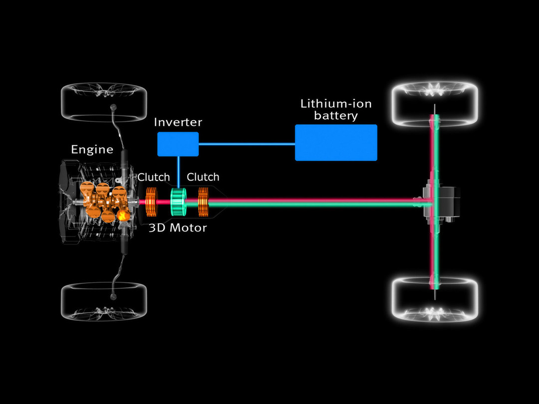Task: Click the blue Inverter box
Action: [x=178, y=144]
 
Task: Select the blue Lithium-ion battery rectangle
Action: [x=336, y=143]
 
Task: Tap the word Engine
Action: [x=92, y=150]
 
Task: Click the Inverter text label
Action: [x=177, y=122]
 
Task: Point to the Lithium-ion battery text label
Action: [x=336, y=110]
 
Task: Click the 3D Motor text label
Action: [x=177, y=228]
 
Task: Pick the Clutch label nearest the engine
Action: [x=154, y=177]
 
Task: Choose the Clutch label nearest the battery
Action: [x=203, y=177]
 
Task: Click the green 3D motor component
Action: [x=178, y=202]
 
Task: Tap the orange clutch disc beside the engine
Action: [x=151, y=202]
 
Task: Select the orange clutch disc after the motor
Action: [x=203, y=202]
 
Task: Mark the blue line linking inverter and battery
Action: [x=247, y=144]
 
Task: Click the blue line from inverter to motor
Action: [x=178, y=172]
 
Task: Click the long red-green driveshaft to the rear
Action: [x=314, y=202]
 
